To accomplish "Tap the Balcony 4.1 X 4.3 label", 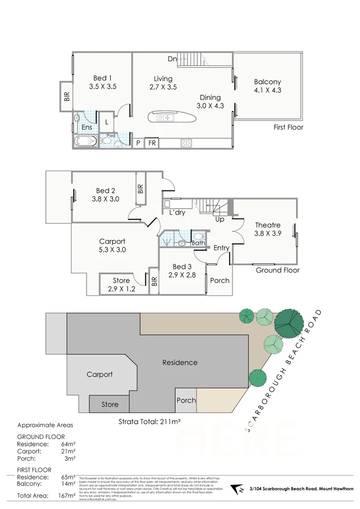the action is pyautogui.click(x=267, y=86).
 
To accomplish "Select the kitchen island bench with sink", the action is pyautogui.click(x=167, y=117).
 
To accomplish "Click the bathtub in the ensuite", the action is pyautogui.click(x=85, y=143).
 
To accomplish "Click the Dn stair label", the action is pyautogui.click(x=172, y=59).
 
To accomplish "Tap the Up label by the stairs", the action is pyautogui.click(x=220, y=220).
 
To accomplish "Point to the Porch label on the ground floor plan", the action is pyautogui.click(x=220, y=280).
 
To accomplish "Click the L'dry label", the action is pyautogui.click(x=177, y=213).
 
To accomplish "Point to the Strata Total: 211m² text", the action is pyautogui.click(x=149, y=421).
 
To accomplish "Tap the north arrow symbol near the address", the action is pyautogui.click(x=235, y=489).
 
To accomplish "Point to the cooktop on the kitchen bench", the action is pyautogui.click(x=186, y=143).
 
